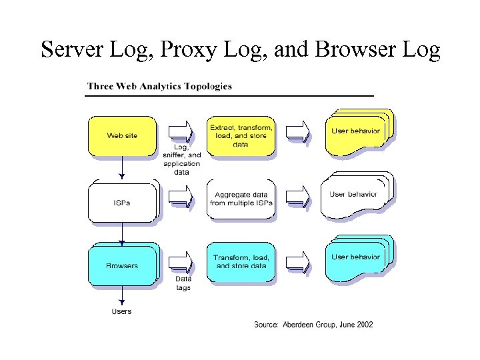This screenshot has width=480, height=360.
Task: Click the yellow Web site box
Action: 122,136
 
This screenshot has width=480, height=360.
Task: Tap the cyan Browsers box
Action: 122,265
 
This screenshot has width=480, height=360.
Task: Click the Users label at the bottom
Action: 121,311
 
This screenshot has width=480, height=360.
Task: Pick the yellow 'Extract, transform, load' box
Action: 241,136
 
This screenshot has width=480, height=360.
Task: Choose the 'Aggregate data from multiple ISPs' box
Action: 241,199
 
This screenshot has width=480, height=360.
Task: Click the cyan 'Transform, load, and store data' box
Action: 241,262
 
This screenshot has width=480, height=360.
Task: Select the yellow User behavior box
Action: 357,132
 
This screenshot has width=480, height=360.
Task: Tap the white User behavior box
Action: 355,195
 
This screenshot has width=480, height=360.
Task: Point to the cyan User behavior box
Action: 357,258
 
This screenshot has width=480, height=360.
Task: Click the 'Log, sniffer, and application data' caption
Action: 181,159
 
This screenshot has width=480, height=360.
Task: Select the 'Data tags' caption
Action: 183,283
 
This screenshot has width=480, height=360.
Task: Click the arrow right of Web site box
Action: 180,131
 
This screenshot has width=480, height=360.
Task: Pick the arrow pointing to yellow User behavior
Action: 298,131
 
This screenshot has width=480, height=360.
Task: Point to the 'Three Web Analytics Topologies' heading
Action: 160,86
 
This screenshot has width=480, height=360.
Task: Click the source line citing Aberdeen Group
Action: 313,325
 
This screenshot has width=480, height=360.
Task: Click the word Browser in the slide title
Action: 351,50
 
